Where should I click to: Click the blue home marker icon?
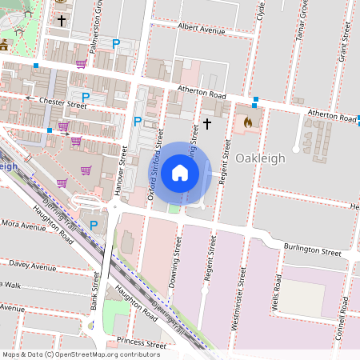[x=180, y=173]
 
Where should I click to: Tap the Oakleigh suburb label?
[x=260, y=158]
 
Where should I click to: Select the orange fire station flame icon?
[x=247, y=123]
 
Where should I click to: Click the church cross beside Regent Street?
[x=207, y=123]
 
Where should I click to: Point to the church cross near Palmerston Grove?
[x=62, y=19]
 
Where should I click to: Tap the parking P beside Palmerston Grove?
[x=116, y=44]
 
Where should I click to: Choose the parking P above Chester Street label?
[x=85, y=97]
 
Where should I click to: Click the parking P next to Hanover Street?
[x=137, y=122]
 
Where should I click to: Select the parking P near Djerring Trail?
[x=94, y=226]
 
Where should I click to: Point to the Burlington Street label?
[x=314, y=250]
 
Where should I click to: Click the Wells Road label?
[x=278, y=294]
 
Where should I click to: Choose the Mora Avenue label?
[x=22, y=226]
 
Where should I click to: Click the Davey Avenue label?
[x=30, y=263]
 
